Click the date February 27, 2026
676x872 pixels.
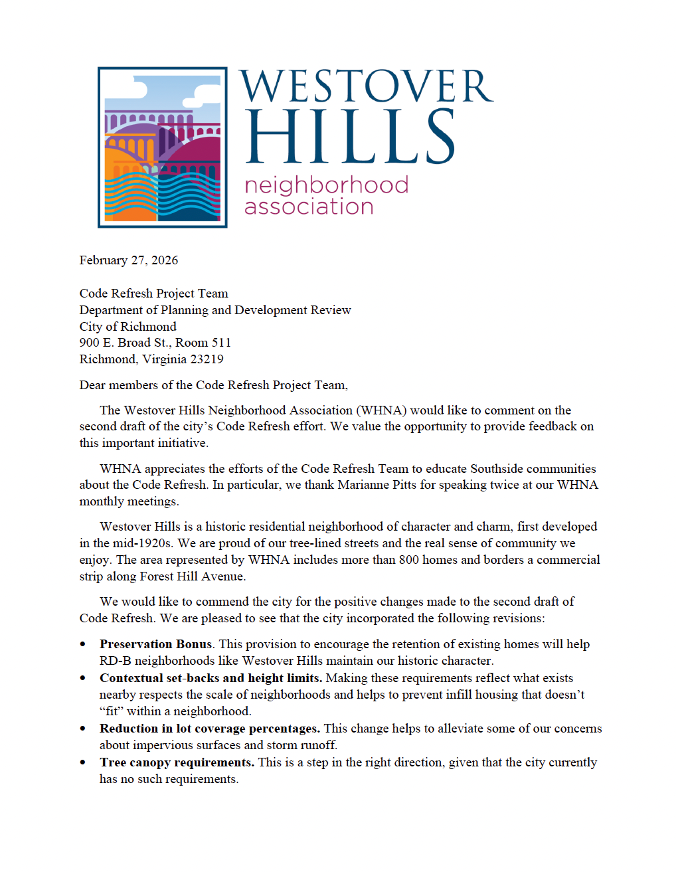coord(128,260)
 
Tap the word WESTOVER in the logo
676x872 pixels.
coord(366,87)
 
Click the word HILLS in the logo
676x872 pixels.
coord(350,137)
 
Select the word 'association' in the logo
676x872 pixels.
coord(309,207)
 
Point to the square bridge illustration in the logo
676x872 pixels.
coord(163,147)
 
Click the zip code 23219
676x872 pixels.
coord(207,359)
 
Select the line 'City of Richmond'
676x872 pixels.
coord(127,327)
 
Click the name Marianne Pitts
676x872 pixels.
coord(377,485)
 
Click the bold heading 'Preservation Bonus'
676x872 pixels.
coord(155,644)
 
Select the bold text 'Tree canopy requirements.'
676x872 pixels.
coord(177,762)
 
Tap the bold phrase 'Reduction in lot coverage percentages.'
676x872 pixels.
coord(209,729)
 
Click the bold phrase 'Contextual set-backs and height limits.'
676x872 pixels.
coord(211,678)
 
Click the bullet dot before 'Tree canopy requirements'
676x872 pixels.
coord(83,762)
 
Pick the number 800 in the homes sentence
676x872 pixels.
coord(408,560)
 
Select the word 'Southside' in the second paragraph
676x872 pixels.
coord(499,469)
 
